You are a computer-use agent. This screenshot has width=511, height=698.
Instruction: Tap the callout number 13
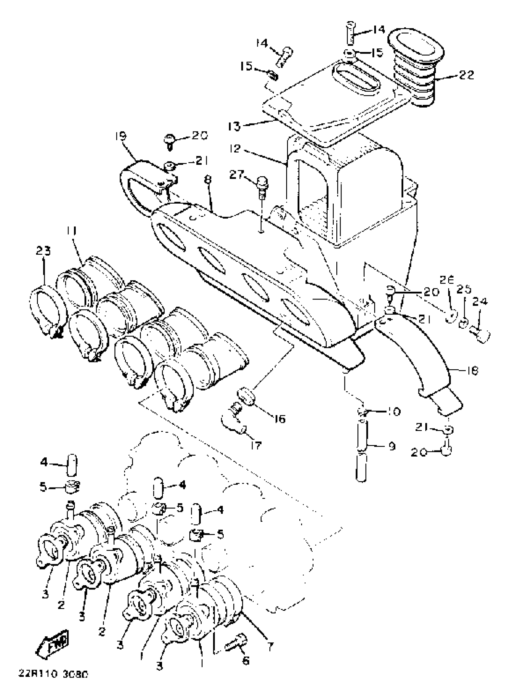pos(234,126)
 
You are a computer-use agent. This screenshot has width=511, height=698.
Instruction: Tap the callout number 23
pos(43,251)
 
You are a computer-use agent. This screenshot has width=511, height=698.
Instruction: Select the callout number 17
pos(256,445)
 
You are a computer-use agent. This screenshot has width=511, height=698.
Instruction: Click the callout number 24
pos(480,302)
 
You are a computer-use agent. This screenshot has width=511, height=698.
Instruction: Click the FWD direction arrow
pos(53,643)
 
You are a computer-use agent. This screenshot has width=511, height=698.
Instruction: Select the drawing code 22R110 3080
pos(53,681)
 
